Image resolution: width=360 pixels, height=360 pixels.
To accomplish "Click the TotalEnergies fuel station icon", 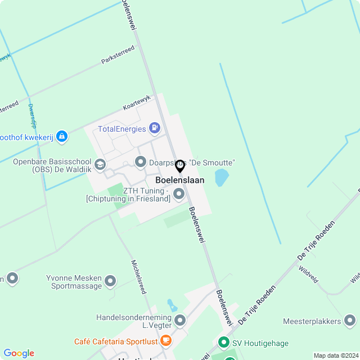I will pos(155,129).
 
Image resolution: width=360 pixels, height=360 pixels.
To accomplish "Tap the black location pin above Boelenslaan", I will pos(180,166).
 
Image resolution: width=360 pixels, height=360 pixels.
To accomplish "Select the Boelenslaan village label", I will pos(180,181).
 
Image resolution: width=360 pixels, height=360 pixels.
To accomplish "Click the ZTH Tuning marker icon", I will pos(179,194).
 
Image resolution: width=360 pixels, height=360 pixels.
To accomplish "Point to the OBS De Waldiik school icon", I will pos(100,164).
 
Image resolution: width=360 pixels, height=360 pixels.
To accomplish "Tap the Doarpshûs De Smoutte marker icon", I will pos(141,163).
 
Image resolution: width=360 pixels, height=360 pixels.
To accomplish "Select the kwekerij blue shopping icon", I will pos(62,136).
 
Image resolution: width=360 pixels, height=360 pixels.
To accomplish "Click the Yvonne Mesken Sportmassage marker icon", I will pos(110,280).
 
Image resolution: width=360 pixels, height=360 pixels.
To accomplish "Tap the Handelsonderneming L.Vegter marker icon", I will pos(180,321).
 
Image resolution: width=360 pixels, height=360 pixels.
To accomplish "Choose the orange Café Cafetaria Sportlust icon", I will pos(165,340).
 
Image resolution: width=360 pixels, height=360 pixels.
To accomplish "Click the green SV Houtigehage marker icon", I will pos(223,342).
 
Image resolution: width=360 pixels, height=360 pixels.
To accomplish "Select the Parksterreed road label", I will pos(118,55).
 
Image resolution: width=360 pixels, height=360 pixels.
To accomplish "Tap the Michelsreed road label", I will pos(138,277).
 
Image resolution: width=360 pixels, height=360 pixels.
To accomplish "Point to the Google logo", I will pos(19,353).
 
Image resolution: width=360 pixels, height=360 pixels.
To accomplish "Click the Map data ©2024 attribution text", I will pos(336,355).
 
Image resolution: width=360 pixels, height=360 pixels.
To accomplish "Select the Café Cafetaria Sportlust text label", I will pos(116,341).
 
